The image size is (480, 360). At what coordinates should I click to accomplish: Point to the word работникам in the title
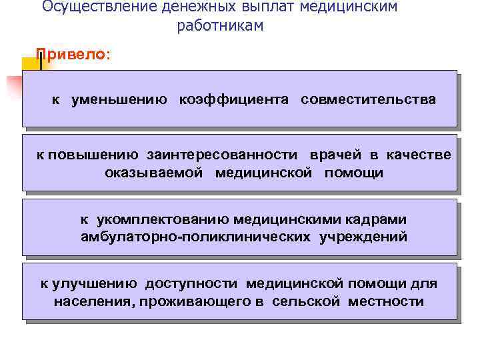[x=221, y=26]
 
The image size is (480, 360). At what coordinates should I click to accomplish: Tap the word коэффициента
[x=233, y=100]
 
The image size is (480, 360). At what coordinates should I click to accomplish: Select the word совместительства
[x=368, y=100]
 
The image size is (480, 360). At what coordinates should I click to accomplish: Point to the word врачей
[x=336, y=155]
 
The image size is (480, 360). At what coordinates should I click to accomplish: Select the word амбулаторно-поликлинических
[x=191, y=237]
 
